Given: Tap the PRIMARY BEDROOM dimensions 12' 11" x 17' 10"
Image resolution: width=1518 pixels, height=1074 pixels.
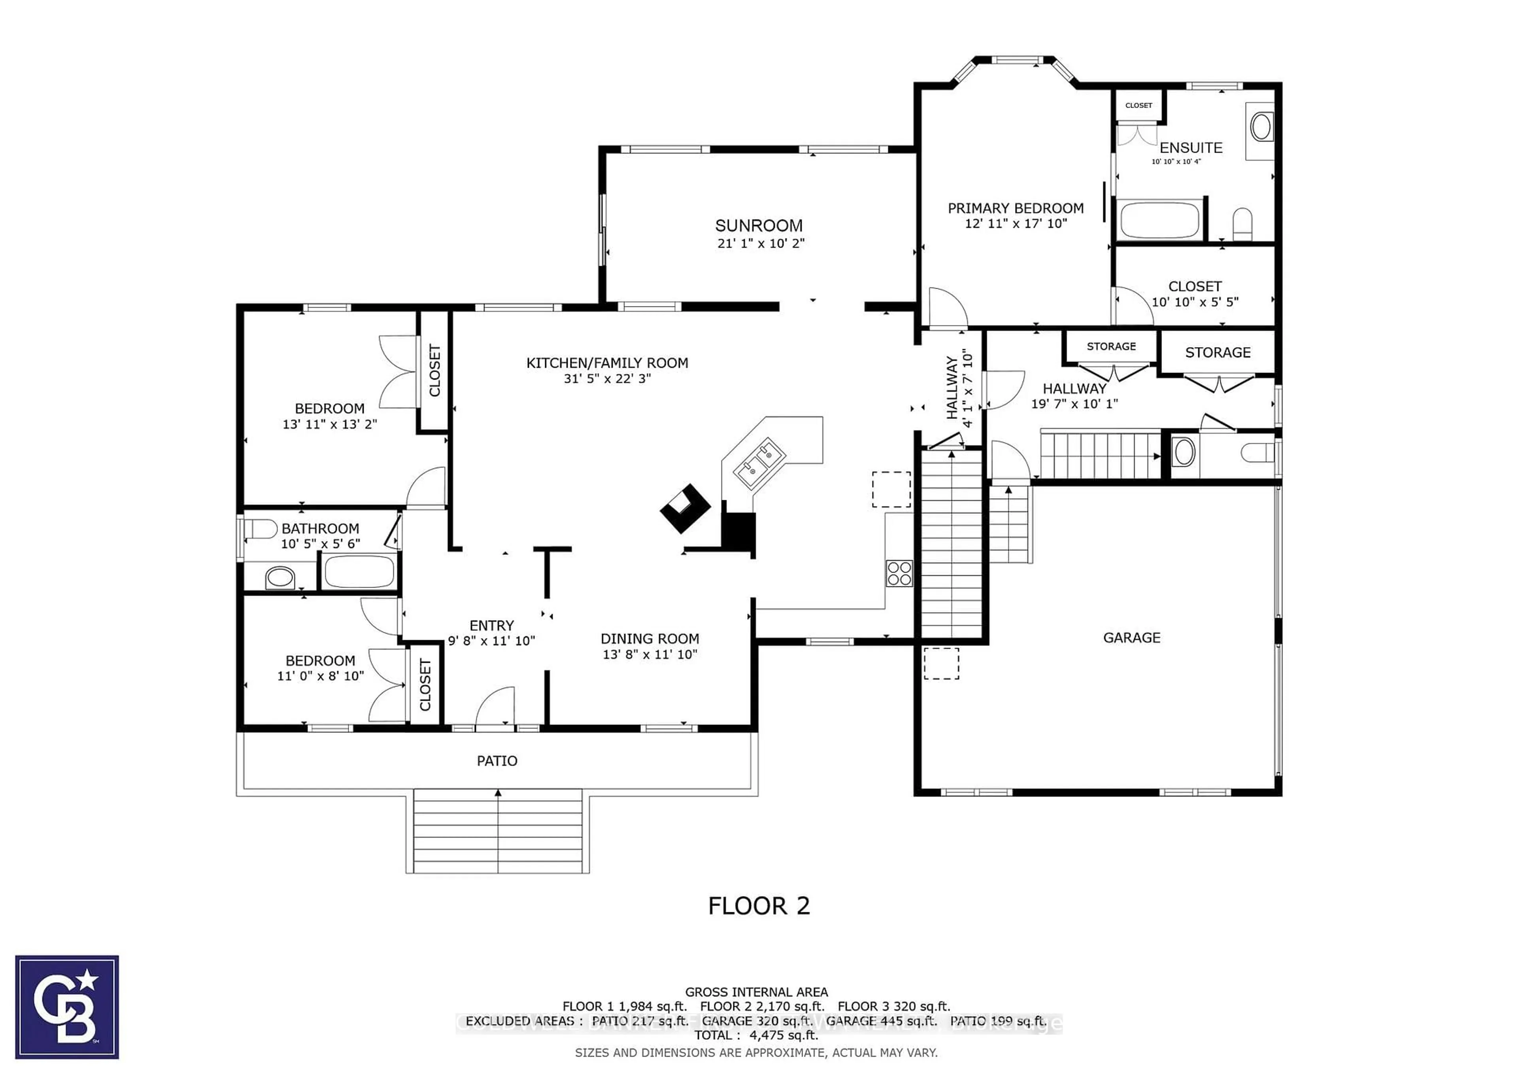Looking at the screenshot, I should [x=1016, y=223].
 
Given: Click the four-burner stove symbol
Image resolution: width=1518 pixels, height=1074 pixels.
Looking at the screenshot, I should [x=899, y=573].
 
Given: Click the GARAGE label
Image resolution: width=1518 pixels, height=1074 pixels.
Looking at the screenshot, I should [x=1131, y=637].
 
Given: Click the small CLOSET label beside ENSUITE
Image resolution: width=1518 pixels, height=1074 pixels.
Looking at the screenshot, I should [x=1138, y=105].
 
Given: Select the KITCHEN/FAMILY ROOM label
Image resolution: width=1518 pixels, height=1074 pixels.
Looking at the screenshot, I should [x=607, y=363].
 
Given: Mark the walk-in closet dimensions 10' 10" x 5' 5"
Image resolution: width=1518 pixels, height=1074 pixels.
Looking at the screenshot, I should [x=1195, y=302].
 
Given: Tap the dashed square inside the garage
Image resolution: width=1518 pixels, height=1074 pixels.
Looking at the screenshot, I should [x=941, y=663].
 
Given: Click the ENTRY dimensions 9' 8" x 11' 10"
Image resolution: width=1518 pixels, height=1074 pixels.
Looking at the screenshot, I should [x=491, y=641].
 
